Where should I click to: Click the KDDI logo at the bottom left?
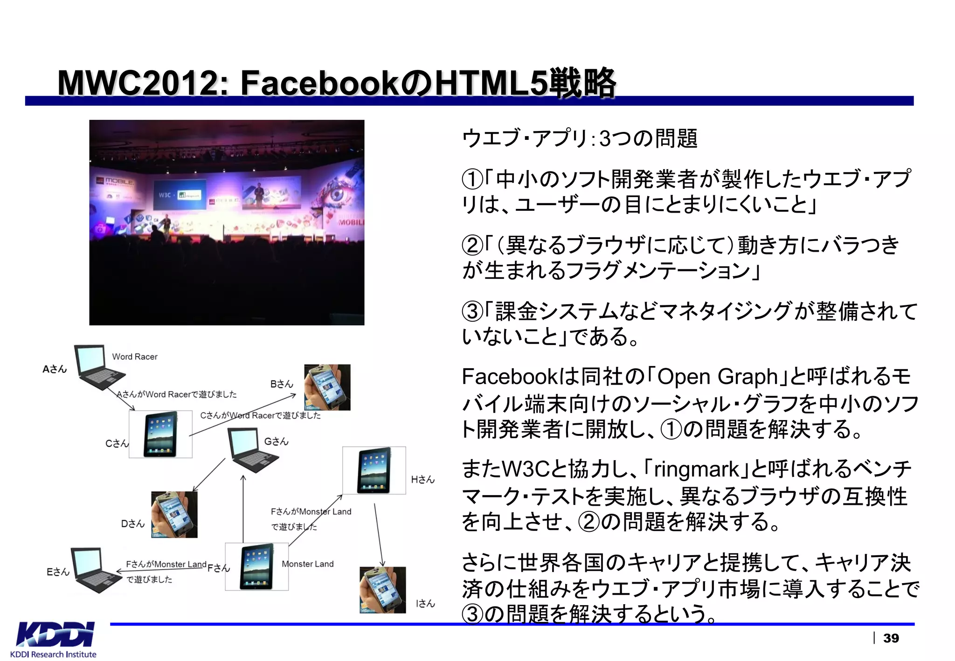(55, 634)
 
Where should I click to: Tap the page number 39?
(891, 638)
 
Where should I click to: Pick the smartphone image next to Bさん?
(327, 387)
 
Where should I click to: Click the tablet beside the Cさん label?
(160, 434)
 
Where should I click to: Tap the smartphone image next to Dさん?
(174, 514)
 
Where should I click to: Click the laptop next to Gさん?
(252, 449)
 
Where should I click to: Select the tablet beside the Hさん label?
(374, 470)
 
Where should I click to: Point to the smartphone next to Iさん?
(382, 590)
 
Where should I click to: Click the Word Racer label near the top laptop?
(135, 357)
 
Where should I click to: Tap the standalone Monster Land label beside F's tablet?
(308, 564)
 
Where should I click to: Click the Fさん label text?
(218, 568)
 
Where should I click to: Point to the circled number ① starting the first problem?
(472, 179)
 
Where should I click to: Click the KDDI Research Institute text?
(53, 654)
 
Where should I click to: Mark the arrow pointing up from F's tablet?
(243, 508)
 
